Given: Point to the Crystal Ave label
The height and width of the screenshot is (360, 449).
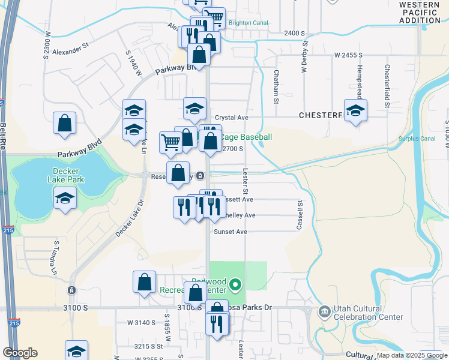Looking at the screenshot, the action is [x=231, y=118].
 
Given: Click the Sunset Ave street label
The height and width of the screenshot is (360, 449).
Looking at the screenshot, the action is [x=231, y=232].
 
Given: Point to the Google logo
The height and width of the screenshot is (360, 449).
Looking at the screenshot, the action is [x=20, y=353].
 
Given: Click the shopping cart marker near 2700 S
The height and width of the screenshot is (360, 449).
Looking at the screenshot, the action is [x=170, y=142].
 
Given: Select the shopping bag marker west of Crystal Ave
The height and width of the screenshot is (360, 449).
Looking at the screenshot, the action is [x=64, y=122].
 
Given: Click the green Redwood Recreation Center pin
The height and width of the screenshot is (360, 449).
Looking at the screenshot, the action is [x=236, y=284].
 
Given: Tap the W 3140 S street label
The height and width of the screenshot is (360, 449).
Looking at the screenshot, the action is [x=141, y=322].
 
